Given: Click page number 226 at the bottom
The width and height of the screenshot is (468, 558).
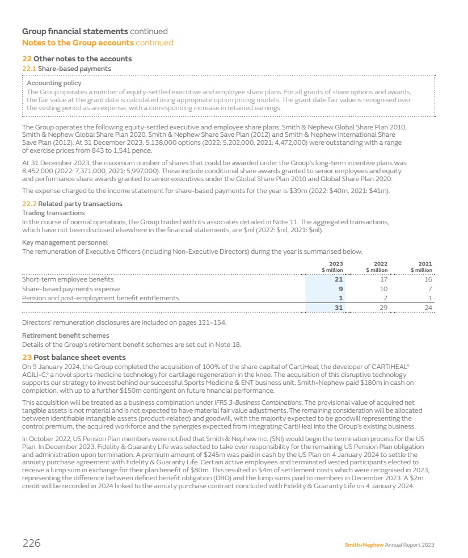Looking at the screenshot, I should (x=31, y=543).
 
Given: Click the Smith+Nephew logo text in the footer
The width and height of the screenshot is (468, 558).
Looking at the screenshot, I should (x=364, y=544).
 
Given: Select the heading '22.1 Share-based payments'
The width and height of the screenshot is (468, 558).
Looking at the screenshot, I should (x=66, y=69).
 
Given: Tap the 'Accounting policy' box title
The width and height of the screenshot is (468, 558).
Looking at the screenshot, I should (x=54, y=83).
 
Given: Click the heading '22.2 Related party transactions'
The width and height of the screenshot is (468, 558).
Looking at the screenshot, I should (x=72, y=204).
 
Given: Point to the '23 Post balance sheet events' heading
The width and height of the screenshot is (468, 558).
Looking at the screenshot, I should (x=74, y=358).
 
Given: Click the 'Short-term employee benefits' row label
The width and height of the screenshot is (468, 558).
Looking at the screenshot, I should (x=68, y=279).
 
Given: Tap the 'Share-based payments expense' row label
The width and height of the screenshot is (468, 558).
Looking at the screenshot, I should (x=71, y=289).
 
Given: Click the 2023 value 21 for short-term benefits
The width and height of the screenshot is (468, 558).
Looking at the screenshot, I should (x=339, y=279).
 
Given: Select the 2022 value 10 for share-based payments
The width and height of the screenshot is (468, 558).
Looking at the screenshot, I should (x=383, y=289).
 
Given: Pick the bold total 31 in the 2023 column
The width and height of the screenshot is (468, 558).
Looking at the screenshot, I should (x=339, y=308).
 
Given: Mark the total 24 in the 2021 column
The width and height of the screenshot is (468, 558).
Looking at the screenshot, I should (x=428, y=308).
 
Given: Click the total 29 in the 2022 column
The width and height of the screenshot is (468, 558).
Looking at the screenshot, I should (x=383, y=308).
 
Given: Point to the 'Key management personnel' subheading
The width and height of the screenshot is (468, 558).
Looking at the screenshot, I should (x=65, y=242).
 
